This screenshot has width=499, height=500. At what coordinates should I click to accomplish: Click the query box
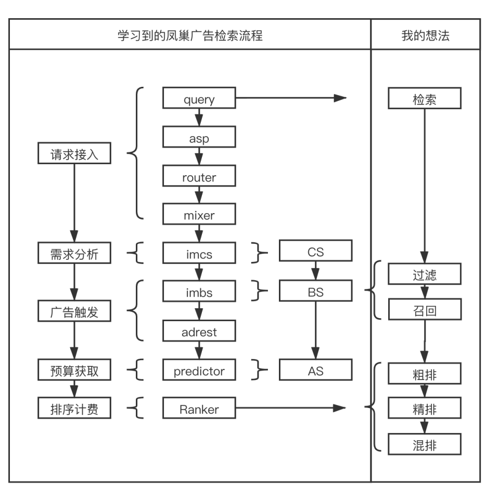[199, 98]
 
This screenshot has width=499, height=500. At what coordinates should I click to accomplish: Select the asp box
[199, 138]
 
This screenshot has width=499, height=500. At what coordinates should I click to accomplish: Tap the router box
[199, 177]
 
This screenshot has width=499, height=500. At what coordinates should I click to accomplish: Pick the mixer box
[199, 214]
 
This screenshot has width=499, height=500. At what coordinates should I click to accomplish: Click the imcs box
[199, 254]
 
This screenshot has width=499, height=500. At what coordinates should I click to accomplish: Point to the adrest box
[199, 331]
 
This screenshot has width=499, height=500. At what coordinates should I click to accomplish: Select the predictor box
[199, 371]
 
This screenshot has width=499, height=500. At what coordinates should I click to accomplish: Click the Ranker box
[199, 409]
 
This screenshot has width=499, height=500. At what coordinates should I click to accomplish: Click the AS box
[315, 370]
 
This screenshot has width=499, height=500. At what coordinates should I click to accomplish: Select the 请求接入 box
[74, 154]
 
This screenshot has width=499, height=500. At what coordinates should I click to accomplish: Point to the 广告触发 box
[74, 312]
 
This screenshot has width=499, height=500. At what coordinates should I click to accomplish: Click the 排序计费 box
[74, 409]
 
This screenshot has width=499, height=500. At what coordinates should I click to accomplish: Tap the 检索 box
[425, 99]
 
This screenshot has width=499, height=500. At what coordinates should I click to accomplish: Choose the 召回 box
[425, 310]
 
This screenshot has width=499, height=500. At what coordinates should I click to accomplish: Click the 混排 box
[425, 445]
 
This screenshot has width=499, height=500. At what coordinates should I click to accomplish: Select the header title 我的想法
[425, 35]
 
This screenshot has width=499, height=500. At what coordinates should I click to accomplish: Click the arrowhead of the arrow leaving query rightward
[340, 98]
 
